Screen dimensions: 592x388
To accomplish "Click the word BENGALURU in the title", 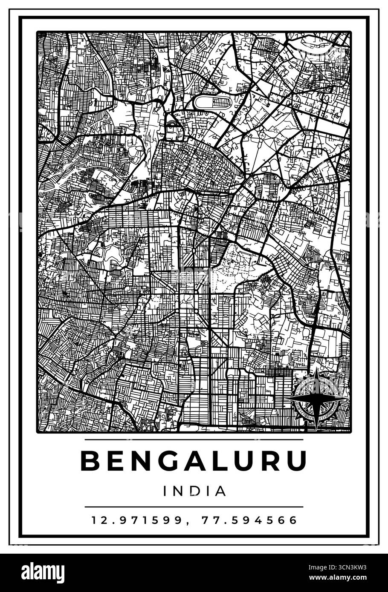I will (x=194, y=461).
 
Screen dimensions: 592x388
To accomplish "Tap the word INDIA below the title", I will (x=194, y=491).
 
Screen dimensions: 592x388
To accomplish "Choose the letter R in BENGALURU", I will (x=269, y=461).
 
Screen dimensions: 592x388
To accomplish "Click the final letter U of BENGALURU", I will (x=297, y=461).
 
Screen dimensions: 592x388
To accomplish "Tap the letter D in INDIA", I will (x=194, y=491).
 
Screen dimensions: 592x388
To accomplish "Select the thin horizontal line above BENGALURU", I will (x=194, y=440).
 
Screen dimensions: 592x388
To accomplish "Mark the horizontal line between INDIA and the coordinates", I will (x=194, y=507).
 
